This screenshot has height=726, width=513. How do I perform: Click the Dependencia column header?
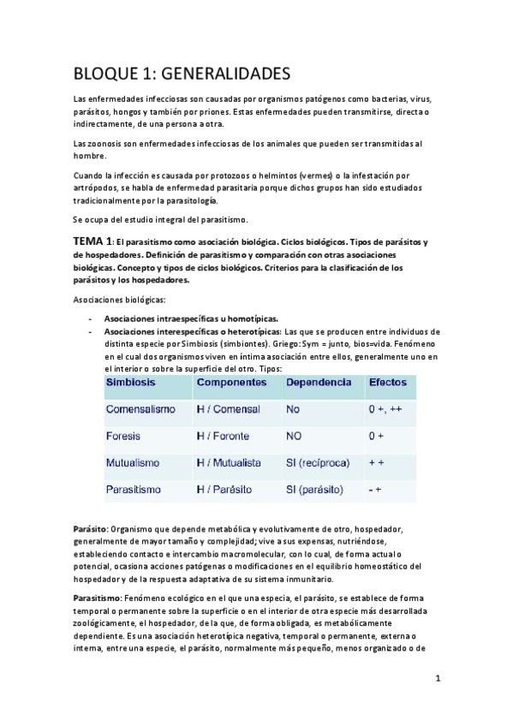[x=319, y=381]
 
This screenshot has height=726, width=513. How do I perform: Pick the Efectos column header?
[x=387, y=381]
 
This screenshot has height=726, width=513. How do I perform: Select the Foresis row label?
[x=123, y=436]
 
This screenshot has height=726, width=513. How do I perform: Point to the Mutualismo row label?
[x=138, y=462]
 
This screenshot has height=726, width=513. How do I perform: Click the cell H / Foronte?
[x=225, y=436]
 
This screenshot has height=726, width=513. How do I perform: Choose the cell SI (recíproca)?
[x=321, y=462]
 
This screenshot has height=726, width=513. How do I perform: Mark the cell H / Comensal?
[x=228, y=409]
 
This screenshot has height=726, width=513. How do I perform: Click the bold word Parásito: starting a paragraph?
[x=91, y=530]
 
